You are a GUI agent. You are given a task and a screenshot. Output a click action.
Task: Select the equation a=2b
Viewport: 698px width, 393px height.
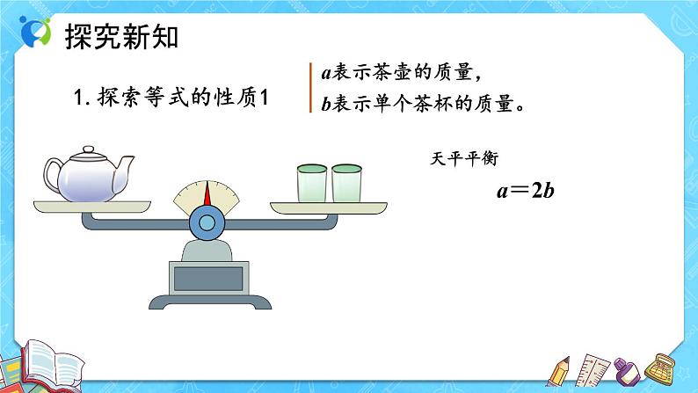tap(524, 191)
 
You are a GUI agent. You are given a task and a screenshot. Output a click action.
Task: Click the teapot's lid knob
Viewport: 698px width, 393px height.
tap(86, 149)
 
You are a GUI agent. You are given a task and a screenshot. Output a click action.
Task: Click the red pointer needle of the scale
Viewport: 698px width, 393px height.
tap(207, 195)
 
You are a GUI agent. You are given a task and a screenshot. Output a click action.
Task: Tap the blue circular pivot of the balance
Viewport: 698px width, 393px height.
tap(207, 222)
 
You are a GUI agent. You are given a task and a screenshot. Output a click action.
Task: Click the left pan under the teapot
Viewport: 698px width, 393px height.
tap(87, 205)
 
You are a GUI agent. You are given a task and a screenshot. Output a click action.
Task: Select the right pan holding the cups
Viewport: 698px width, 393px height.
tap(327, 207)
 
